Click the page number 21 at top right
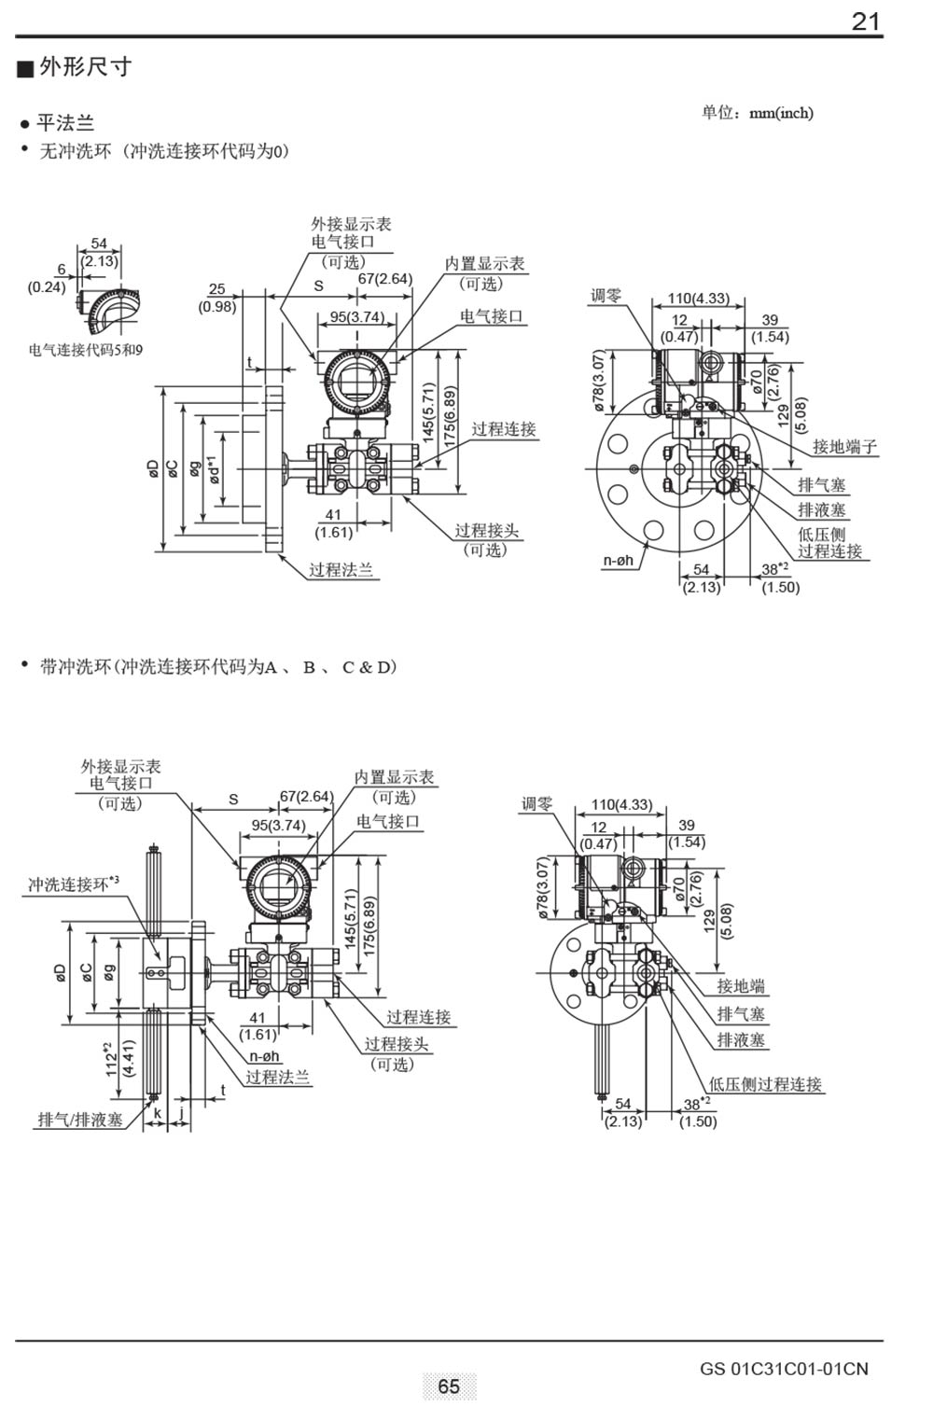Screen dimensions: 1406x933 point(866,21)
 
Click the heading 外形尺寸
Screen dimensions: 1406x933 point(85,67)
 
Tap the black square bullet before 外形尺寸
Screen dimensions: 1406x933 point(25,68)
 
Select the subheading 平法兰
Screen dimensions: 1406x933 point(65,123)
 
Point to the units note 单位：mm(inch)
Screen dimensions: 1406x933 point(757,113)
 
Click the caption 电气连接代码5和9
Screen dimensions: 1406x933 point(86,351)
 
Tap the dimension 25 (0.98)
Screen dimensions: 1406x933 point(216,298)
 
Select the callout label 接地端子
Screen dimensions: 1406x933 point(844,447)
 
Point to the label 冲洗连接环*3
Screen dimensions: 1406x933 point(74,883)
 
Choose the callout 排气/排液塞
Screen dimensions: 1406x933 point(80,1120)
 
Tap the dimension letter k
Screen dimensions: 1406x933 point(157,1113)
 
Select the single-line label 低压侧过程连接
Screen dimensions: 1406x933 point(765,1084)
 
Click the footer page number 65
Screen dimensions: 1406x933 point(449,1386)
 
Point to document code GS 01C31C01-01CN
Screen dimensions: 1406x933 point(784,1369)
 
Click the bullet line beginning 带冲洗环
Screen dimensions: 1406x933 point(216,667)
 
